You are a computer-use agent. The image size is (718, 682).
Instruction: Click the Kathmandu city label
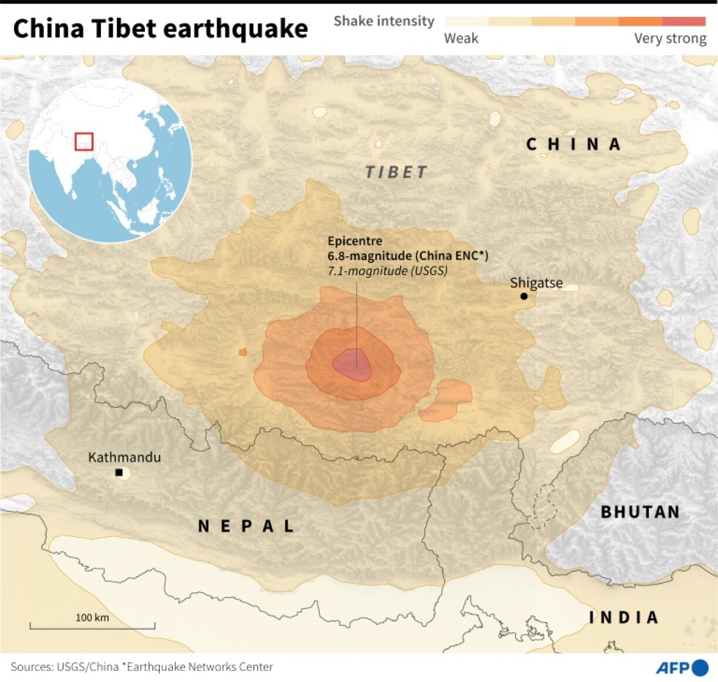(124, 457)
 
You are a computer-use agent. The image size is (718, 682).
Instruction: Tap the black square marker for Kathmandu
(119, 472)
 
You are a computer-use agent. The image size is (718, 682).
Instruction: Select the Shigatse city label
(536, 283)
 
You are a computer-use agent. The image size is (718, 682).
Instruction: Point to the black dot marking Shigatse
(524, 296)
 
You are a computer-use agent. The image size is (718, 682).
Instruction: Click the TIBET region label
(397, 172)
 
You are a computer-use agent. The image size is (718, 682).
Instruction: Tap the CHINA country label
(574, 144)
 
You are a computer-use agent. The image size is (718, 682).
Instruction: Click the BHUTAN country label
(640, 512)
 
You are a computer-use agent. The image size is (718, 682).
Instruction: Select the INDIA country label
(624, 617)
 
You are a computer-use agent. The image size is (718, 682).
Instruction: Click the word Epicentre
(355, 241)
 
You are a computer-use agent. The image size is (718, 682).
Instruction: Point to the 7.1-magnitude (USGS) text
(387, 271)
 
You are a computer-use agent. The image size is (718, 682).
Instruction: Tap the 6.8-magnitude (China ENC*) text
(408, 256)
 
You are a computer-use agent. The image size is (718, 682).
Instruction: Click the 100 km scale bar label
(92, 617)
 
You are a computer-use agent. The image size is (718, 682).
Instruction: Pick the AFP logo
(682, 667)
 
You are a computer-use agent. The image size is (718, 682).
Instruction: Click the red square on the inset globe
(84, 141)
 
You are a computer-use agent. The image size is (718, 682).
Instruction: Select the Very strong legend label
(670, 39)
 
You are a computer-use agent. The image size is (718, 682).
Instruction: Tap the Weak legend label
(461, 39)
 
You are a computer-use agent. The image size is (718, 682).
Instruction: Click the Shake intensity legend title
(384, 21)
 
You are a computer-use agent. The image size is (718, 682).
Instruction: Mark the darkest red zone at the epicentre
(352, 364)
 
